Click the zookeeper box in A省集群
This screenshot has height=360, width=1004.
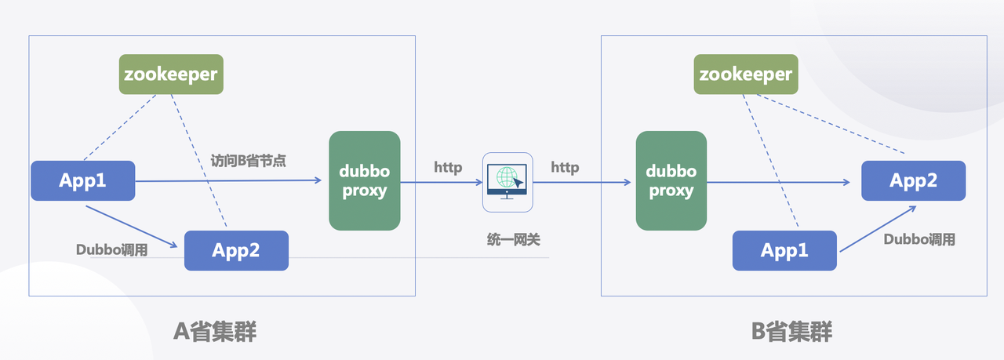[170, 75]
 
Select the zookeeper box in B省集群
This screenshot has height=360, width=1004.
[746, 75]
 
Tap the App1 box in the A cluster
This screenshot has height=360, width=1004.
[82, 180]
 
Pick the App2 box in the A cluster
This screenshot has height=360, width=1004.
[236, 251]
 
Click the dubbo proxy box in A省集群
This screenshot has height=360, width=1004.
[364, 181]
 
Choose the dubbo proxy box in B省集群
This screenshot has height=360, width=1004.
[671, 181]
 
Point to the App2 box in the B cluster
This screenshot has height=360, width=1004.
[913, 181]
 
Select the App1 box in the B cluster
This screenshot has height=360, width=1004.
[784, 251]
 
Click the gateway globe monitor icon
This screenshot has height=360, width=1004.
[507, 182]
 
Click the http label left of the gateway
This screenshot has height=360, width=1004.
[448, 168]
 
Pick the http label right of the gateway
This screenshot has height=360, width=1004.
[565, 168]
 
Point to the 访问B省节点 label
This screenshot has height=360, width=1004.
[249, 161]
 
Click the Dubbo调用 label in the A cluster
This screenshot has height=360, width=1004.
[112, 249]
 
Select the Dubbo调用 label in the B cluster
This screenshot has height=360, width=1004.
[919, 239]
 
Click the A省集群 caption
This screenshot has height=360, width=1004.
[215, 332]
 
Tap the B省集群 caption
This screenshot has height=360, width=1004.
[791, 332]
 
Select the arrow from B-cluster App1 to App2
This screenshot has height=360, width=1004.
[877, 229]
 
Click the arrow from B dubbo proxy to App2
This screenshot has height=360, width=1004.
[777, 183]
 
